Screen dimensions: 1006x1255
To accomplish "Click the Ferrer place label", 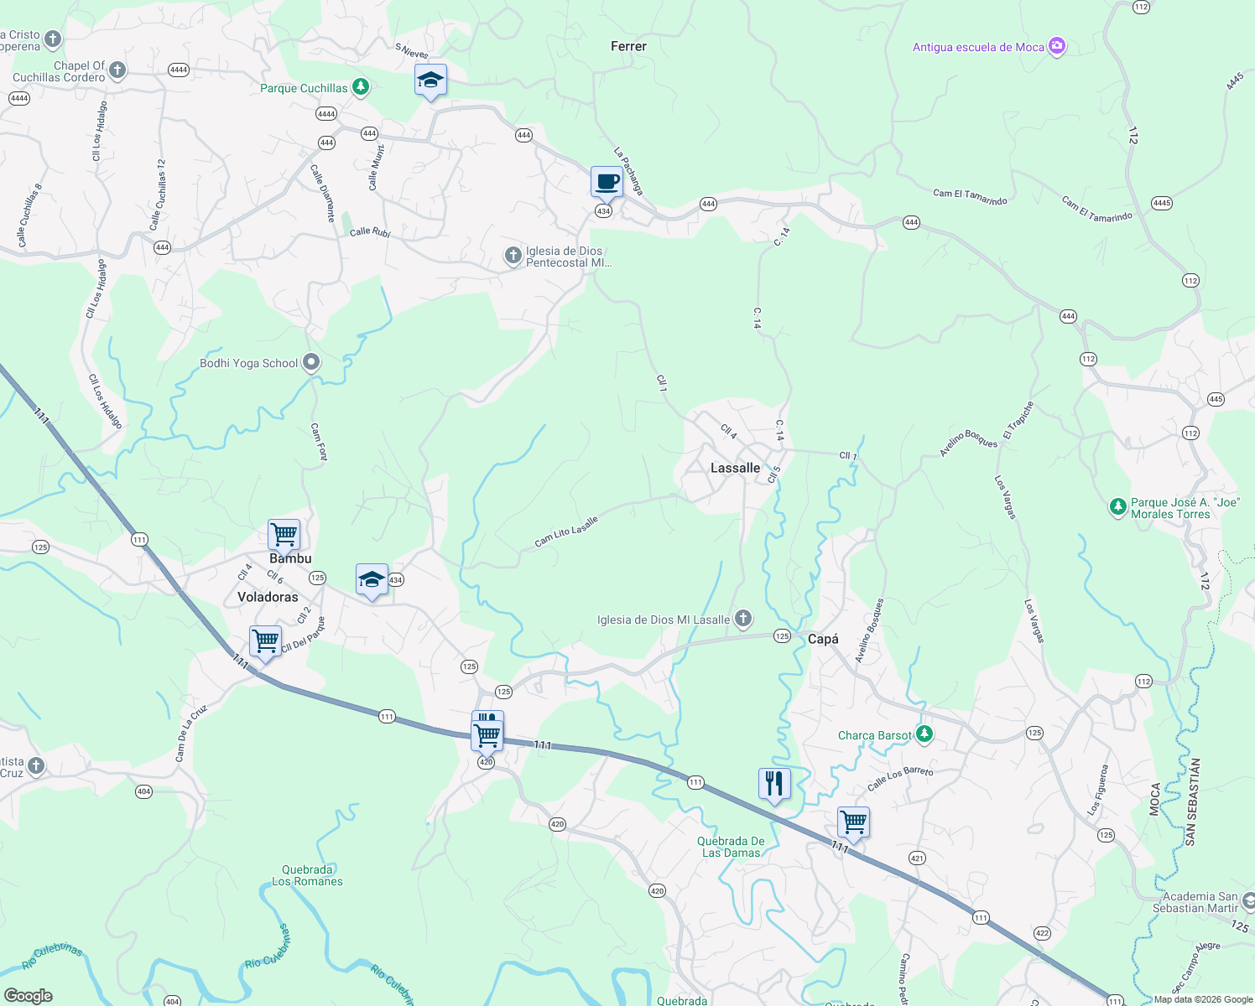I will pyautogui.click(x=628, y=47).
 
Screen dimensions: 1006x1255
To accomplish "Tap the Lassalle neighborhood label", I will pyautogui.click(x=735, y=468).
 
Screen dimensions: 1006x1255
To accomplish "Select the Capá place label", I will pyautogui.click(x=823, y=639).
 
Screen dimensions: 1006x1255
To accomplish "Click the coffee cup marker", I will pyautogui.click(x=607, y=181).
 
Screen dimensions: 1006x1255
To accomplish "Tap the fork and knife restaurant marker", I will pyautogui.click(x=774, y=784).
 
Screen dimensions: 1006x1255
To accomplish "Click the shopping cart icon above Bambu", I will pyautogui.click(x=284, y=534).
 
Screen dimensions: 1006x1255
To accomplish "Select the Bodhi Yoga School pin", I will pyautogui.click(x=311, y=363).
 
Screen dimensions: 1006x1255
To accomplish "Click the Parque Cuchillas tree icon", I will pyautogui.click(x=360, y=86).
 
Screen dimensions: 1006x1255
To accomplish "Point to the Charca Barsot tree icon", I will pyautogui.click(x=924, y=734).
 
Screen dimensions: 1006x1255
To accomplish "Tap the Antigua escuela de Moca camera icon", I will pyautogui.click(x=1057, y=46).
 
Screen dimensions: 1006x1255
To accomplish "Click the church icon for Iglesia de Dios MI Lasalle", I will pyautogui.click(x=742, y=620).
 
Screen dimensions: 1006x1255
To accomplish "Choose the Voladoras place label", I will pyautogui.click(x=268, y=597).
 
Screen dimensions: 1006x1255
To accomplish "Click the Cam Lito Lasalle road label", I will pyautogui.click(x=566, y=532).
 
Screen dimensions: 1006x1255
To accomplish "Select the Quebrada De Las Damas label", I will pyautogui.click(x=731, y=847).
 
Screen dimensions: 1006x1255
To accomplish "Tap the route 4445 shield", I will pyautogui.click(x=1161, y=203).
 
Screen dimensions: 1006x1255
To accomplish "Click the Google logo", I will pyautogui.click(x=28, y=995).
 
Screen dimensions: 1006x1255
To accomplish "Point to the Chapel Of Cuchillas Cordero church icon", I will pyautogui.click(x=117, y=70).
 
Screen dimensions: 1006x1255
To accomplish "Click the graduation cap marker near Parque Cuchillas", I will pyautogui.click(x=430, y=80).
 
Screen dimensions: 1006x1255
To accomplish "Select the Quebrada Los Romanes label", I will pyautogui.click(x=307, y=875).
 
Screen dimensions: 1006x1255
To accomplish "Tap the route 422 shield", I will pyautogui.click(x=1042, y=933).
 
